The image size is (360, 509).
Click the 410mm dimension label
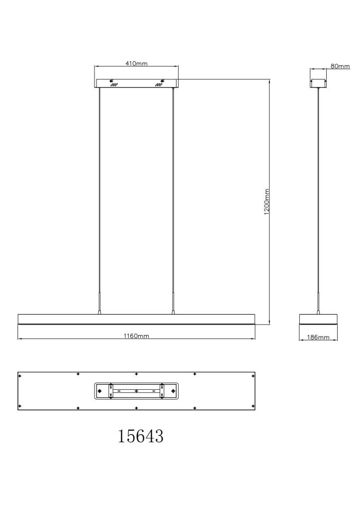coord(136,64)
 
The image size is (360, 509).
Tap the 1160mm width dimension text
coord(136,336)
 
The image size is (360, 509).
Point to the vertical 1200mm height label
coord(267,202)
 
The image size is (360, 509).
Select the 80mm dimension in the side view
coord(340,66)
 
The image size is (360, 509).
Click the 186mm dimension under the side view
coord(318,338)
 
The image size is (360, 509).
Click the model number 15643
coord(140,436)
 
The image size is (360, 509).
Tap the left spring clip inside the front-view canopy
coord(113,85)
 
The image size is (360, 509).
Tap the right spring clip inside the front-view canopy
coord(159,85)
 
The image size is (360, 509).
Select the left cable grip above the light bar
coord(100,304)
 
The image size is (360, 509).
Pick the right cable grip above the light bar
coord(174,304)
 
